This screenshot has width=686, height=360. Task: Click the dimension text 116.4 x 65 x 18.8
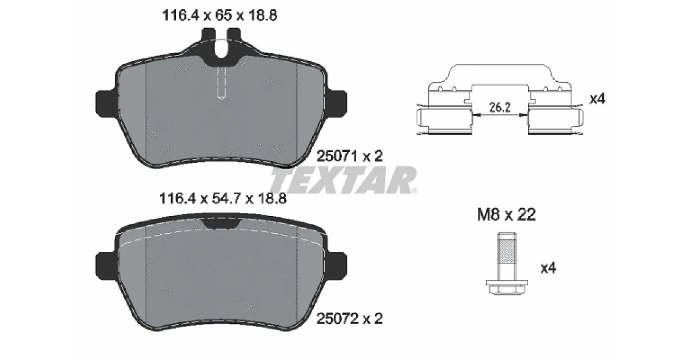220,15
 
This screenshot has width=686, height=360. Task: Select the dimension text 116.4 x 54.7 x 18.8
222,198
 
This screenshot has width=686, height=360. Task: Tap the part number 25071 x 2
349,156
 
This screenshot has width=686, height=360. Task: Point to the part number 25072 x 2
349,319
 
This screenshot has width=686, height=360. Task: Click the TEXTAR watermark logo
343,180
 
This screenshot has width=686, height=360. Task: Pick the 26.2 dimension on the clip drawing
500,107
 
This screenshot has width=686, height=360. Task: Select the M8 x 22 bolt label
506,214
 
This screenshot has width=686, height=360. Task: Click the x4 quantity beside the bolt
548,268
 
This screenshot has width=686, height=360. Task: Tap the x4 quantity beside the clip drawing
597,98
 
